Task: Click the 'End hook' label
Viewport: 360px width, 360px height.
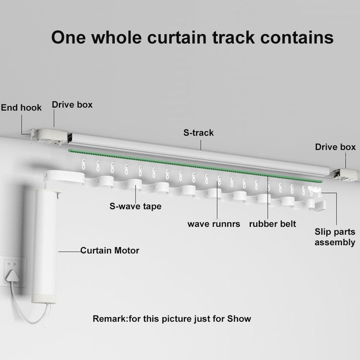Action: tap(21, 108)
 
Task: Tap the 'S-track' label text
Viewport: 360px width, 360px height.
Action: tap(198, 133)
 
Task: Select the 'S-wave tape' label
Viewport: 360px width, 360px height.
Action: tap(135, 206)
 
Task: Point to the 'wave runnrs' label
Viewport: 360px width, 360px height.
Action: tap(214, 224)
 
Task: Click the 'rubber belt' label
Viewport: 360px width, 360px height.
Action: tap(272, 224)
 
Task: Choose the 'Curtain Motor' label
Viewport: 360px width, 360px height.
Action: tap(109, 250)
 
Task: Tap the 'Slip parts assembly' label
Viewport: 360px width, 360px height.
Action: tap(334, 237)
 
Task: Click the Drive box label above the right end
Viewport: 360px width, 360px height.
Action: tap(335, 147)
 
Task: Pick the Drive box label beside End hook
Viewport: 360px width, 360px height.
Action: tap(72, 105)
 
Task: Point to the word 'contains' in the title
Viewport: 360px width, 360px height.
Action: tap(296, 37)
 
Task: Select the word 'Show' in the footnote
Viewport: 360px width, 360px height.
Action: tap(239, 319)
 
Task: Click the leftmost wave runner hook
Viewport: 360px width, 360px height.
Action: tap(83, 165)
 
